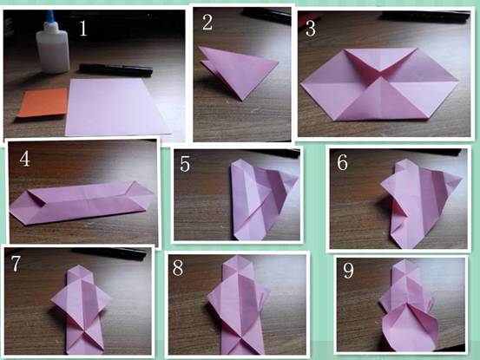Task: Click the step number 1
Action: (83, 29)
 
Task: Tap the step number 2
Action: (207, 23)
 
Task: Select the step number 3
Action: (311, 29)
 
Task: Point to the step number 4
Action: (25, 159)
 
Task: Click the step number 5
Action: (185, 164)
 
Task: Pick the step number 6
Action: (342, 162)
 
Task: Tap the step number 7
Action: (16, 263)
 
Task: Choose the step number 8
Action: (178, 268)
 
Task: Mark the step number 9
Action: (348, 270)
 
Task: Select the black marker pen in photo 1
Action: (115, 69)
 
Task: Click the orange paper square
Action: (43, 102)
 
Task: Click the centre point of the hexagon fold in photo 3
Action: (380, 75)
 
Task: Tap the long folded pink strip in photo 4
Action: (82, 201)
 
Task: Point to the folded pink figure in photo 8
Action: (238, 304)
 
